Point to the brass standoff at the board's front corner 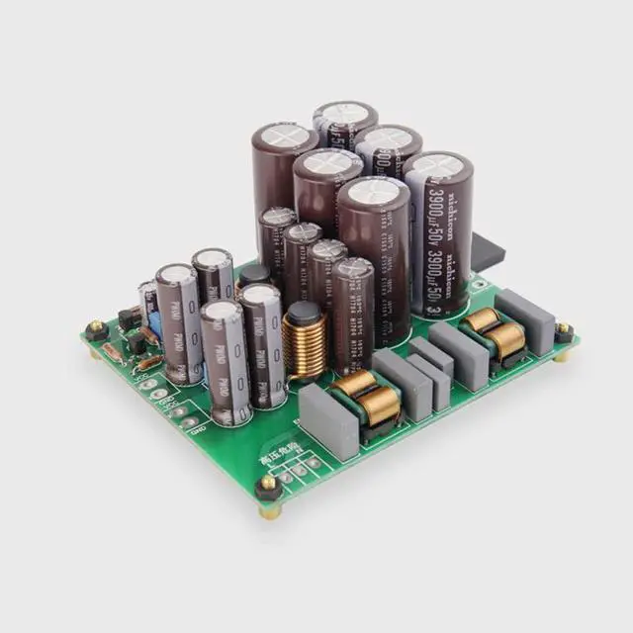pos(268,488)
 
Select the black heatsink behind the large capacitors pos(488,252)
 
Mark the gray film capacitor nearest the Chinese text pos(327,420)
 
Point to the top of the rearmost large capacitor pos(345,113)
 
